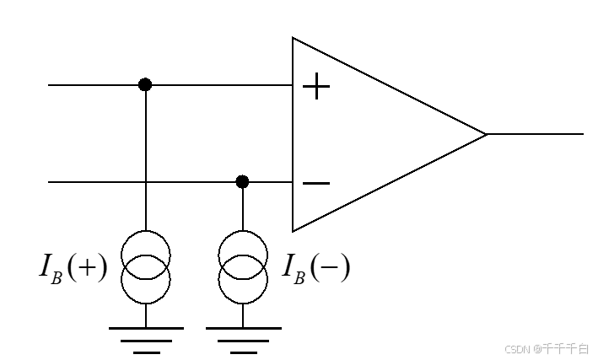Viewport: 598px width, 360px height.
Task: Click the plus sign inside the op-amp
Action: (316, 86)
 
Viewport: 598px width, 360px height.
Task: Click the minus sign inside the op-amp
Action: (316, 183)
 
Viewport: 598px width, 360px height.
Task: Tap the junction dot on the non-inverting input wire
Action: (145, 84)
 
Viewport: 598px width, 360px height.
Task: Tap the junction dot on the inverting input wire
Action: (243, 181)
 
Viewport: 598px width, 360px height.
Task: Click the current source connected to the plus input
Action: (145, 266)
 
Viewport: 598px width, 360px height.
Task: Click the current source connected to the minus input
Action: (243, 266)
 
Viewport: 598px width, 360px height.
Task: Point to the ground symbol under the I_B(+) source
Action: (145, 338)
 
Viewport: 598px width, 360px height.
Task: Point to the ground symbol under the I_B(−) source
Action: (243, 338)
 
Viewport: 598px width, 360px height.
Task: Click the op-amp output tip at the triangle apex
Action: (486, 133)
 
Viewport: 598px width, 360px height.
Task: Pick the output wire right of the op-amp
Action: (536, 133)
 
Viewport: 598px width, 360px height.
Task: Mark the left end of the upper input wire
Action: (51, 84)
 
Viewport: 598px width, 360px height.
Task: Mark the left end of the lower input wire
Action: (51, 181)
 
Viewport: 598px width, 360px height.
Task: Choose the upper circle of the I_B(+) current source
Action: (145, 252)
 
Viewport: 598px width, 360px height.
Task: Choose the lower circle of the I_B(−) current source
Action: (243, 280)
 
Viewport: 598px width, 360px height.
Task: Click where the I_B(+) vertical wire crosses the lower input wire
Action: (145, 181)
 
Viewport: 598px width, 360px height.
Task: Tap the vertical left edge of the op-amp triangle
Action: (293, 135)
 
